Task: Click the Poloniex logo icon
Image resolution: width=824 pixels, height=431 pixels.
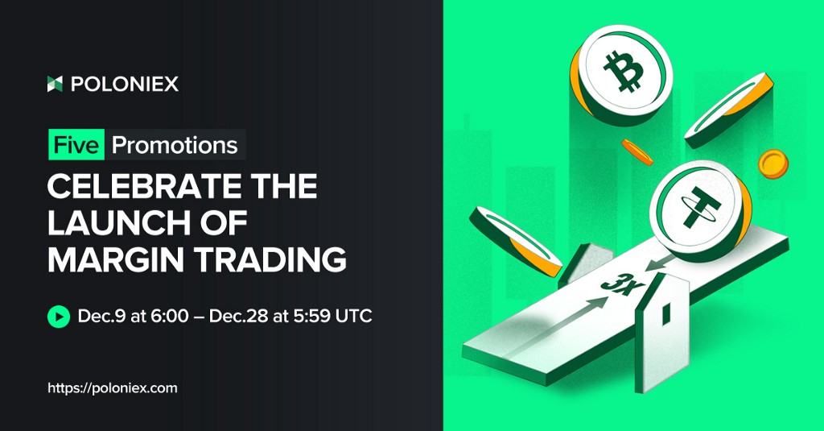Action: point(55,84)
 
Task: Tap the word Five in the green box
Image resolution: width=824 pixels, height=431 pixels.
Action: point(76,145)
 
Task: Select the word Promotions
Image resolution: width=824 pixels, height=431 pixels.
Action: point(175,145)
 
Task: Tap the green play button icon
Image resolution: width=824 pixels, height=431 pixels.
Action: point(58,317)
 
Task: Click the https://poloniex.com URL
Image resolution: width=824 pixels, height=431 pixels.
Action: point(113,388)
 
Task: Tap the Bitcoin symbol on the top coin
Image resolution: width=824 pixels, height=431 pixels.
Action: point(624,71)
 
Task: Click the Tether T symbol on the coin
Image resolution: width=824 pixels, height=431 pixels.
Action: point(699,207)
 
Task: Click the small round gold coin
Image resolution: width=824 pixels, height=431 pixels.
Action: point(773,164)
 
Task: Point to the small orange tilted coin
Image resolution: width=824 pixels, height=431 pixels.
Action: point(637,152)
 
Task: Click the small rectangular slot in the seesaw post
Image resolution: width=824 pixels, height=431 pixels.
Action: point(665,313)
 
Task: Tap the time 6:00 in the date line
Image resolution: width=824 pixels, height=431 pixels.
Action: point(169,317)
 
